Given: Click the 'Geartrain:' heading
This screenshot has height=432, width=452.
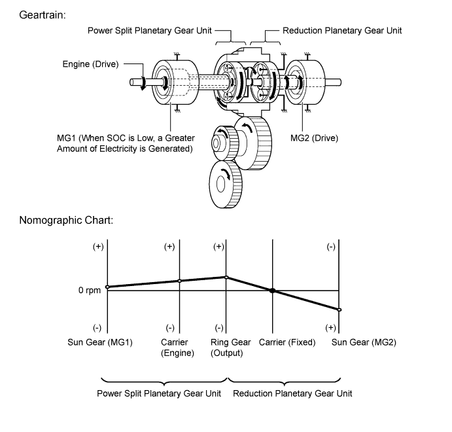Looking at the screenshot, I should [43, 14].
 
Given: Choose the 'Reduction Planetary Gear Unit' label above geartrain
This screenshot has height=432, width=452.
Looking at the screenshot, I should [342, 31].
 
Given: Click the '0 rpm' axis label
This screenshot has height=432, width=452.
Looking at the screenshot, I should [90, 290].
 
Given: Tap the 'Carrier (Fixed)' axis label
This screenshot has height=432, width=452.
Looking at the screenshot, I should [287, 342].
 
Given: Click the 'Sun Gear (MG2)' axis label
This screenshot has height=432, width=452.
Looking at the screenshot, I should [364, 342].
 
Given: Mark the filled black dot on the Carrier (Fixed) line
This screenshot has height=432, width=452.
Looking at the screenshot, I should [273, 290].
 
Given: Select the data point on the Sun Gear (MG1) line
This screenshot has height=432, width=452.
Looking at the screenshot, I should [107, 287].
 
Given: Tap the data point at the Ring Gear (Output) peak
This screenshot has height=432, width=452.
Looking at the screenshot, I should [226, 277].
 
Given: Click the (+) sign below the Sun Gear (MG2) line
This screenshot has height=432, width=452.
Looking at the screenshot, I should [331, 327].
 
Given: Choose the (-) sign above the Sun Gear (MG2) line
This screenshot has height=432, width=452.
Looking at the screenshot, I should [331, 247].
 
